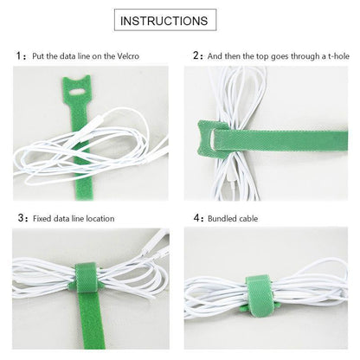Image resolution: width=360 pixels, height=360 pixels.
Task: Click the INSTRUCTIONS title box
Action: click(x=165, y=20)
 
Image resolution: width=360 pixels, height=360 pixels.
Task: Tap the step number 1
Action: click(x=19, y=55)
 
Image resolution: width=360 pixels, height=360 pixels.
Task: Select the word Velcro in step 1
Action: click(x=128, y=56)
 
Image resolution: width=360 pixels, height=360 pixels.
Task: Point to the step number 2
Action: click(x=196, y=55)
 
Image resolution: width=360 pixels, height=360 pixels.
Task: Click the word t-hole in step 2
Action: click(x=338, y=56)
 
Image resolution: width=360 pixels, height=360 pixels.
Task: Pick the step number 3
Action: click(x=21, y=218)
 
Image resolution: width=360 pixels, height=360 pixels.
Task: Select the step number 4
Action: click(x=196, y=218)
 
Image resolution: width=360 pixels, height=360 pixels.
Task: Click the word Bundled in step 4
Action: click(x=222, y=218)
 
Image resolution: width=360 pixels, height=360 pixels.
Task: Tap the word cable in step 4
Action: click(x=248, y=218)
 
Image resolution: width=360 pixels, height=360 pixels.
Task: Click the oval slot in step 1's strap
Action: click(x=76, y=93)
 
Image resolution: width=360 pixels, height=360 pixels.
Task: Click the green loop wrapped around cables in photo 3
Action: click(x=86, y=277)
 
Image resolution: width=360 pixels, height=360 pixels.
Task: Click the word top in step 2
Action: click(x=262, y=56)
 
